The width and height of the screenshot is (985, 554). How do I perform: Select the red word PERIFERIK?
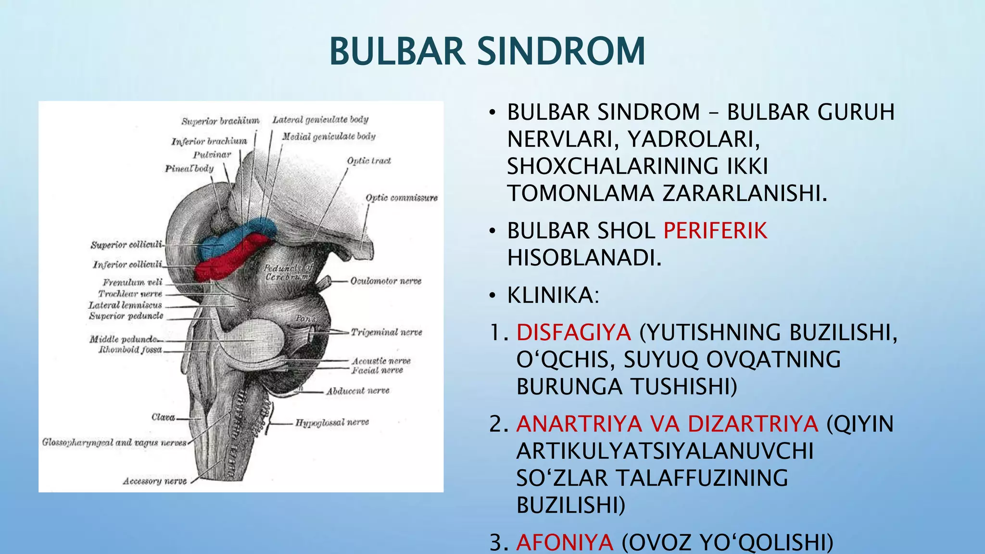715,231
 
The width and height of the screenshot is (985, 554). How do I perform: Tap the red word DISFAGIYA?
573,333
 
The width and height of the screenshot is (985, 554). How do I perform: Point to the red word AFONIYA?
565,542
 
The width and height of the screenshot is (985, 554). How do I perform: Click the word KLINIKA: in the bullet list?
553,295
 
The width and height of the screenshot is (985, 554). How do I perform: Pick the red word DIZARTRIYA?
753,424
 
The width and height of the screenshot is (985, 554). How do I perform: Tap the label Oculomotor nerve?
385,281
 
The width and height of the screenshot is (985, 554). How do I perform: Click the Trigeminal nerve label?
386,332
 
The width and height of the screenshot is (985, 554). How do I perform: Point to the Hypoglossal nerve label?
332,422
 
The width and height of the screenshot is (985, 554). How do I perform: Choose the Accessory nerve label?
154,481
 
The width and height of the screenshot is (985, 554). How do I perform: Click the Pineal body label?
189,168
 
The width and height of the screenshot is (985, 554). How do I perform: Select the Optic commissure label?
401,198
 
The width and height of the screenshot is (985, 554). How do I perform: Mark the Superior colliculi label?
126,245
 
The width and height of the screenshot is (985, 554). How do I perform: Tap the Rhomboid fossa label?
130,350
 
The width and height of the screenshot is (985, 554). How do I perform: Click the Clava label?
163,417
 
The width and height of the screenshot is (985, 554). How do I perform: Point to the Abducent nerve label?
357,391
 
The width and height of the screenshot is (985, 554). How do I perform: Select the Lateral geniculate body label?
320,119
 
